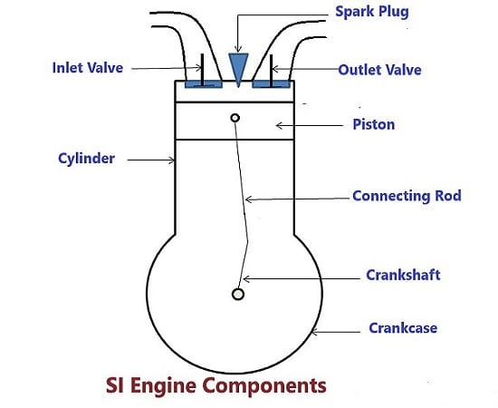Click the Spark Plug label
pos(372,12)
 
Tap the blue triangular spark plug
pos(238,68)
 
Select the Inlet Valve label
pos(87,68)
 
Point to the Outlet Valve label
pos(379,70)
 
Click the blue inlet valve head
pos(204,84)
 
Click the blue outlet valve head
pos(272,84)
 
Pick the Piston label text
pos(374,124)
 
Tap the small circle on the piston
pos(235,118)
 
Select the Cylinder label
pos(86,159)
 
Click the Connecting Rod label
pos(407,196)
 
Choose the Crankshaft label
pos(403,275)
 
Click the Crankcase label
pos(403,328)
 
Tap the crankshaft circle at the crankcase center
pos(238,294)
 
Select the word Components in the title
pos(265,386)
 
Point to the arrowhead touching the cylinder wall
pos(172,160)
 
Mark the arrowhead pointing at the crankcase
pos(314,333)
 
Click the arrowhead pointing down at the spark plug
pos(238,49)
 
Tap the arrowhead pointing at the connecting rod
pos(249,199)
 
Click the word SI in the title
pos(114,385)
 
